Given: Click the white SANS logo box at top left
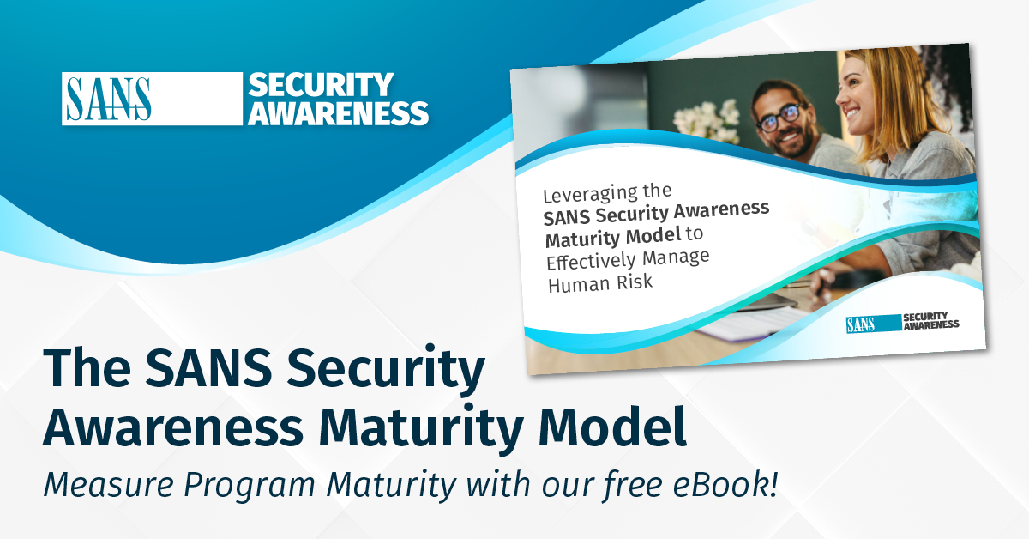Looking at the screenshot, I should [106, 99].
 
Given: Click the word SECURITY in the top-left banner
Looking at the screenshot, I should [321, 85].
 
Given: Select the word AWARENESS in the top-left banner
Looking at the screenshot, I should [338, 112].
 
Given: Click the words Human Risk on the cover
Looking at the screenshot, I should [600, 282].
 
